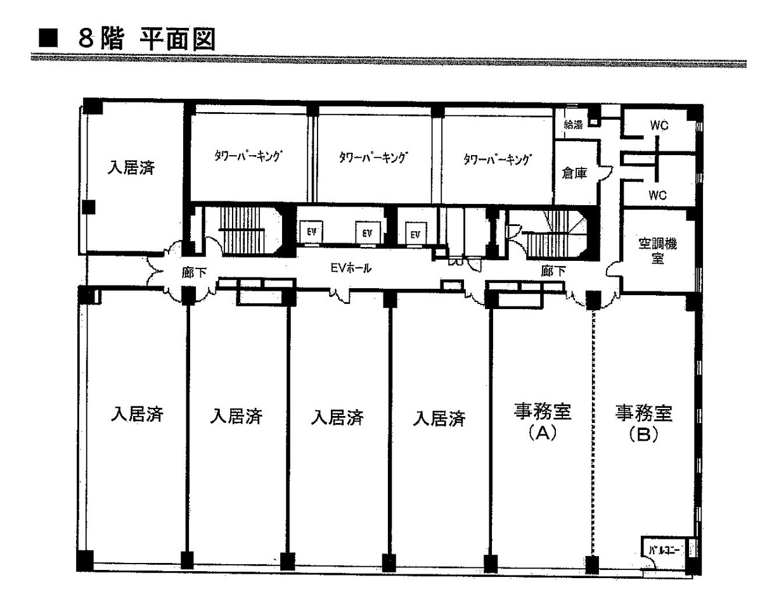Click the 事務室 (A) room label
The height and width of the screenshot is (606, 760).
pos(543,422)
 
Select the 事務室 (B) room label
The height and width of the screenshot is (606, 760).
pos(643,423)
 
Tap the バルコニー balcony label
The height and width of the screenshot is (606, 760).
pos(664,550)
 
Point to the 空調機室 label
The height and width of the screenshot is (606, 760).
pos(657,251)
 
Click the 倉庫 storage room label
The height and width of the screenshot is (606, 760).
pos(574,173)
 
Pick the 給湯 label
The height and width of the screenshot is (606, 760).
pos(573,124)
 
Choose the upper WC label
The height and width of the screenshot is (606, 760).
pos(659,125)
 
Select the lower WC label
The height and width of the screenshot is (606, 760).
pos(658,195)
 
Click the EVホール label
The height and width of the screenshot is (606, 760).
pos(351,268)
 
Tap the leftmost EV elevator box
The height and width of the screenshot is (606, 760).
pos(311,232)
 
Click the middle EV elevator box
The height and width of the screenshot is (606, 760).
pos(367,233)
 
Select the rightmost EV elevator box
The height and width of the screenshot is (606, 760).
pos(415,234)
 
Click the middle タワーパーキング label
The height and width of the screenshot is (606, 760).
pos(373,157)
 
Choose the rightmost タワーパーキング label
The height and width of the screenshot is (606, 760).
pos(498,159)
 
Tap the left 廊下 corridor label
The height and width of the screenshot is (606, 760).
pos(194,272)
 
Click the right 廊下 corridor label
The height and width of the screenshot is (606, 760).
pos(553,270)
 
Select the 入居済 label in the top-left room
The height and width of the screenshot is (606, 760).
pos(131,168)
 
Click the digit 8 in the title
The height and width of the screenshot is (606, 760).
pos(86,39)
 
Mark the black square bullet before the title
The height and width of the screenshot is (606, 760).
pos(48,38)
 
